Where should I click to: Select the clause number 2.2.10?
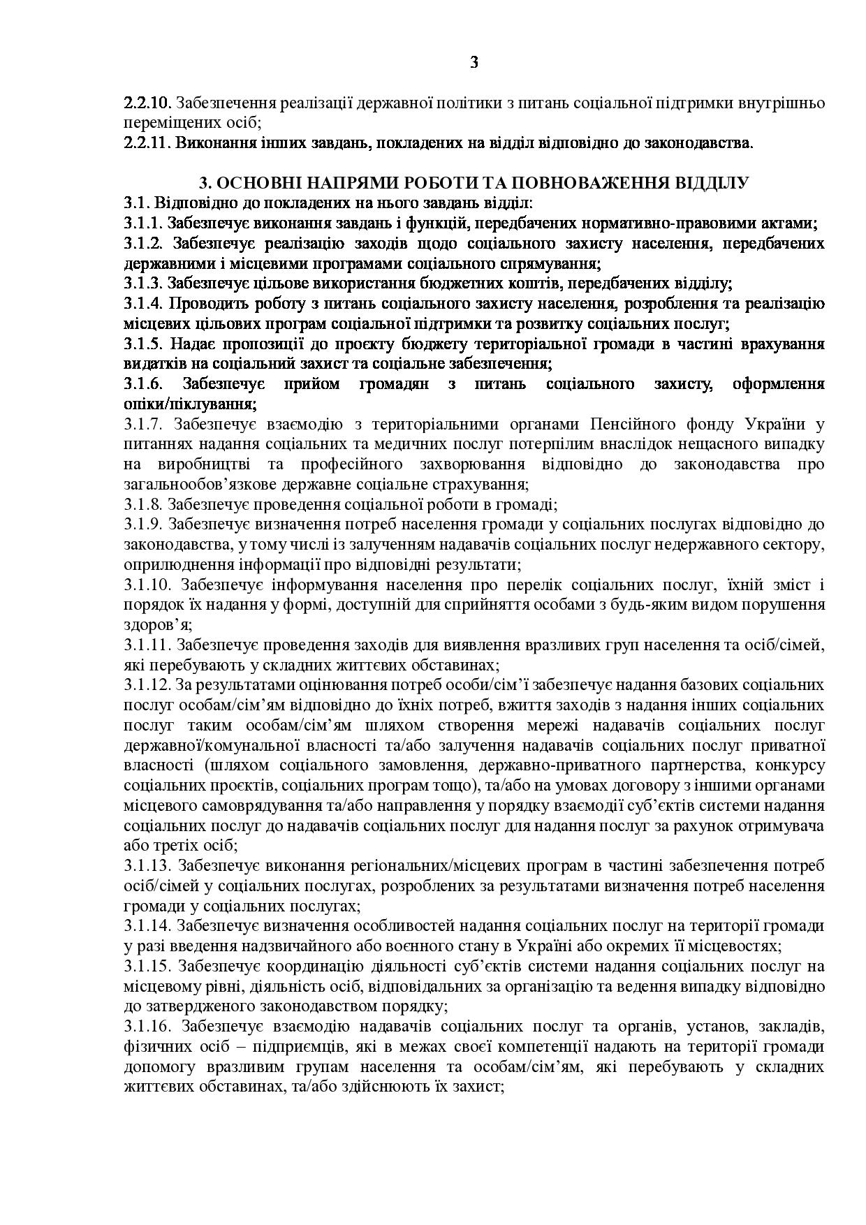click(x=147, y=103)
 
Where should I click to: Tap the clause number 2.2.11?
click(x=147, y=144)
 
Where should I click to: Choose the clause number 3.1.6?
click(x=144, y=384)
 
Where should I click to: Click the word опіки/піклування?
click(x=189, y=404)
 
